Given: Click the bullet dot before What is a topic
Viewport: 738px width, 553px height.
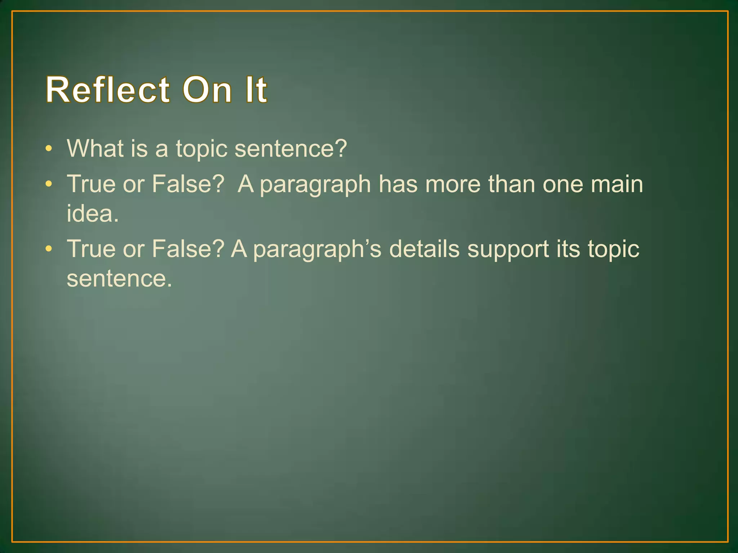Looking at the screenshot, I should pyautogui.click(x=49, y=149).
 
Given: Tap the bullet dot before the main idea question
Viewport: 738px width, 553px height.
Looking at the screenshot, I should pyautogui.click(x=49, y=184).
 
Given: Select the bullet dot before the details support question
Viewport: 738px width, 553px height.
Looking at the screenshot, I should pyautogui.click(x=49, y=249).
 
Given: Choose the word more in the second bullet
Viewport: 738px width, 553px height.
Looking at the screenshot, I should pyautogui.click(x=453, y=184).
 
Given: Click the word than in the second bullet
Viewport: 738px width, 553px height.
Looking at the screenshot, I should pyautogui.click(x=511, y=184).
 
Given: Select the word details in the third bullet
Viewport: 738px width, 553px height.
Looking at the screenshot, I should pyautogui.click(x=424, y=249).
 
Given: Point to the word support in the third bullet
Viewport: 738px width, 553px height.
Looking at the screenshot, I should pyautogui.click(x=508, y=249).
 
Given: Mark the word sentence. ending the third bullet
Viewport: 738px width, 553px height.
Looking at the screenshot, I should pyautogui.click(x=119, y=278).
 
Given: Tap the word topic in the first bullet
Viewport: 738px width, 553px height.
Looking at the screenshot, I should pyautogui.click(x=201, y=149).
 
